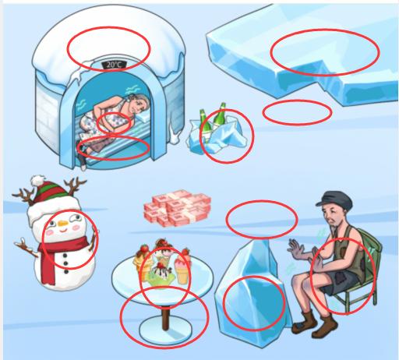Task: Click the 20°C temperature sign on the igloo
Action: pos(114,65)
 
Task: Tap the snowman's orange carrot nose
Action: pos(63,223)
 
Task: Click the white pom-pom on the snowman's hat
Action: pos(38,180)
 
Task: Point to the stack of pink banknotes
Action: pos(177,208)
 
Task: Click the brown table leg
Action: pos(165,318)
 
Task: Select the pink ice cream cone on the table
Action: pos(183,270)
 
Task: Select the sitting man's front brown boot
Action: pos(325,326)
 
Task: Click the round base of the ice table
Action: pos(165,330)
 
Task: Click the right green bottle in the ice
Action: pos(219,117)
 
